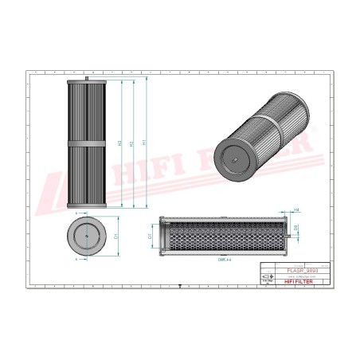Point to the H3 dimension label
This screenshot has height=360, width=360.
(x=120, y=143)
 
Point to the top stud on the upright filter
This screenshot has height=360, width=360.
(x=86, y=79)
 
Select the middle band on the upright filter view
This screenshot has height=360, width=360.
(x=86, y=144)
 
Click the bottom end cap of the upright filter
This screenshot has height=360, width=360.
(x=86, y=206)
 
